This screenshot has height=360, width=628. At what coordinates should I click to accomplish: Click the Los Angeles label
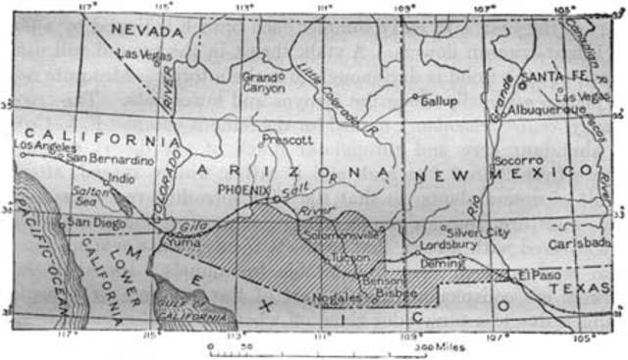coord(45,146)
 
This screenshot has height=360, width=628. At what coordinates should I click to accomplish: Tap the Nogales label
coord(330,295)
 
